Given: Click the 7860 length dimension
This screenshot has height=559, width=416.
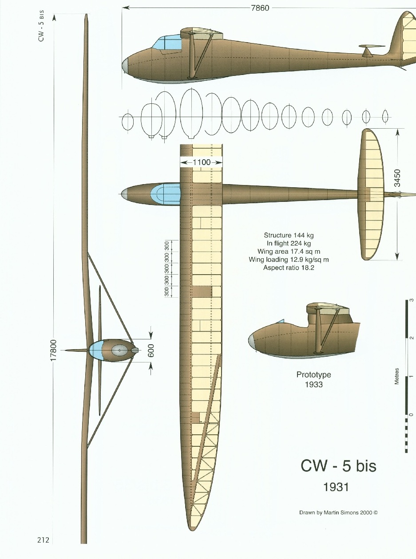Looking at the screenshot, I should pos(260,8).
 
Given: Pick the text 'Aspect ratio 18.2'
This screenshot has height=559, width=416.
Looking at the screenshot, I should pos(289,268).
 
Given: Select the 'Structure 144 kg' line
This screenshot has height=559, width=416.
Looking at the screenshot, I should pos(289,235).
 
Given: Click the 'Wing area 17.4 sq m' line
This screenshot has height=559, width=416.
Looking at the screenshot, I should pos(289,252).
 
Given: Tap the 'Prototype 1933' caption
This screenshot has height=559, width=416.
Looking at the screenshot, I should pos(313,379).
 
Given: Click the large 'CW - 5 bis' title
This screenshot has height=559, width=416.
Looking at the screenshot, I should pos(338,466).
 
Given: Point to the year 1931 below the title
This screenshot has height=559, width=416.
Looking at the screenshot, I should pos(336,487).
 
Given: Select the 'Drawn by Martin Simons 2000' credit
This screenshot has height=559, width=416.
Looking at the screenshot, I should pos(338,512).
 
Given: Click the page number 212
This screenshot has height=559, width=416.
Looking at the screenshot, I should pos(43,540).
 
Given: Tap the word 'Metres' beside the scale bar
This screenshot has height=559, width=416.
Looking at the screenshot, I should pos(397,376).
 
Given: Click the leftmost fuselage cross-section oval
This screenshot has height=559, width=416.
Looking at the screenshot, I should pos(128,122).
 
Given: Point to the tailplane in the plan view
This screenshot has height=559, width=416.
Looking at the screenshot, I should pos(372,194).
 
